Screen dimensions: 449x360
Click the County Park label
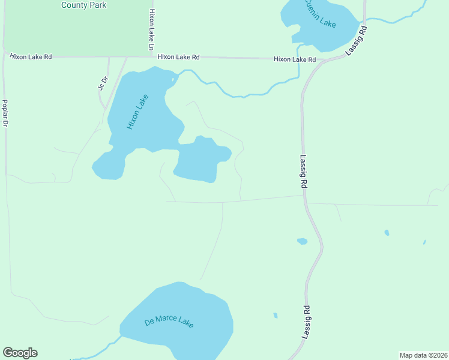click(84, 5)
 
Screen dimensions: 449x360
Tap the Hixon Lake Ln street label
click(152, 29)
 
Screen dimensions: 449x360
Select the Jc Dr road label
click(103, 82)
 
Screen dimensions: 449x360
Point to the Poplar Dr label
click(5, 113)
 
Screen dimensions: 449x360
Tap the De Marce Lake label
click(169, 321)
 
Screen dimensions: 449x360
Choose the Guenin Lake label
click(319, 14)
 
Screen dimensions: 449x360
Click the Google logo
click(20, 353)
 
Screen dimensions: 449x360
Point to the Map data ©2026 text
click(423, 355)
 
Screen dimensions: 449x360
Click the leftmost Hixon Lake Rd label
click(31, 56)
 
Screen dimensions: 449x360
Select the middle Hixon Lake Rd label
click(178, 57)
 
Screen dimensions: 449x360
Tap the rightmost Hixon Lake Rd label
click(295, 59)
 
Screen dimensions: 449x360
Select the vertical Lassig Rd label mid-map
click(303, 173)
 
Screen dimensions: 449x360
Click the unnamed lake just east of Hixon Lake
click(201, 161)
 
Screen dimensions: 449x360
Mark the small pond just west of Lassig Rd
click(302, 241)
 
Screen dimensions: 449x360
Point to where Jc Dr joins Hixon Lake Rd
click(109, 57)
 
